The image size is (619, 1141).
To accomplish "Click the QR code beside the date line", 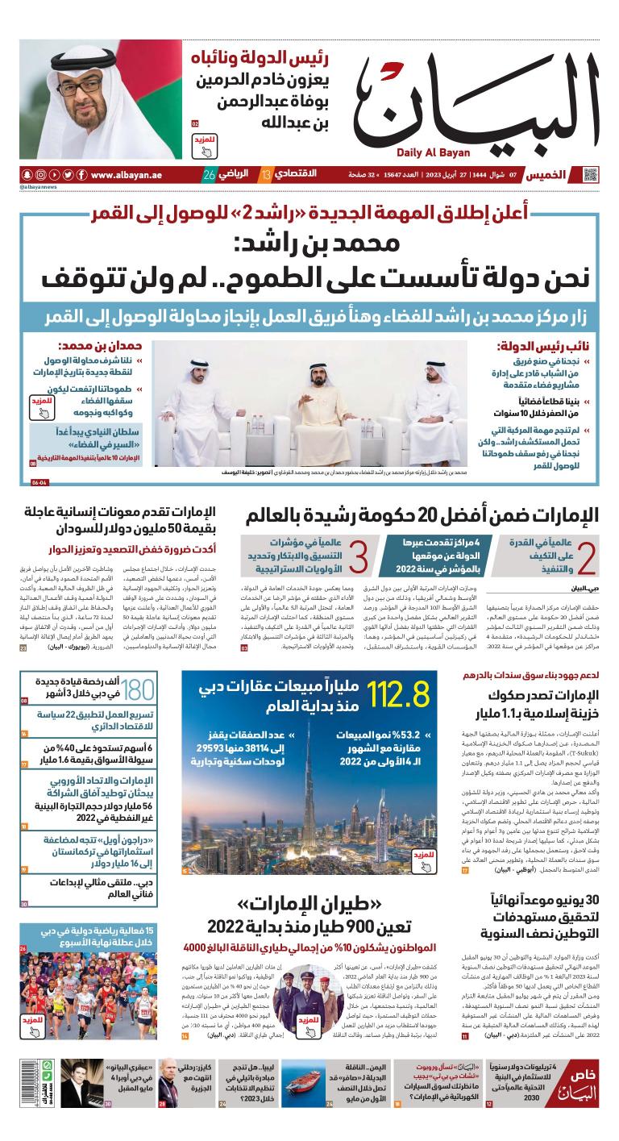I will coord(591,175).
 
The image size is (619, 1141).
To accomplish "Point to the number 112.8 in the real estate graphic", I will coord(397,696).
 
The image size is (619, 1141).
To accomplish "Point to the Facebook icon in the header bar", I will coord(67,175).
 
